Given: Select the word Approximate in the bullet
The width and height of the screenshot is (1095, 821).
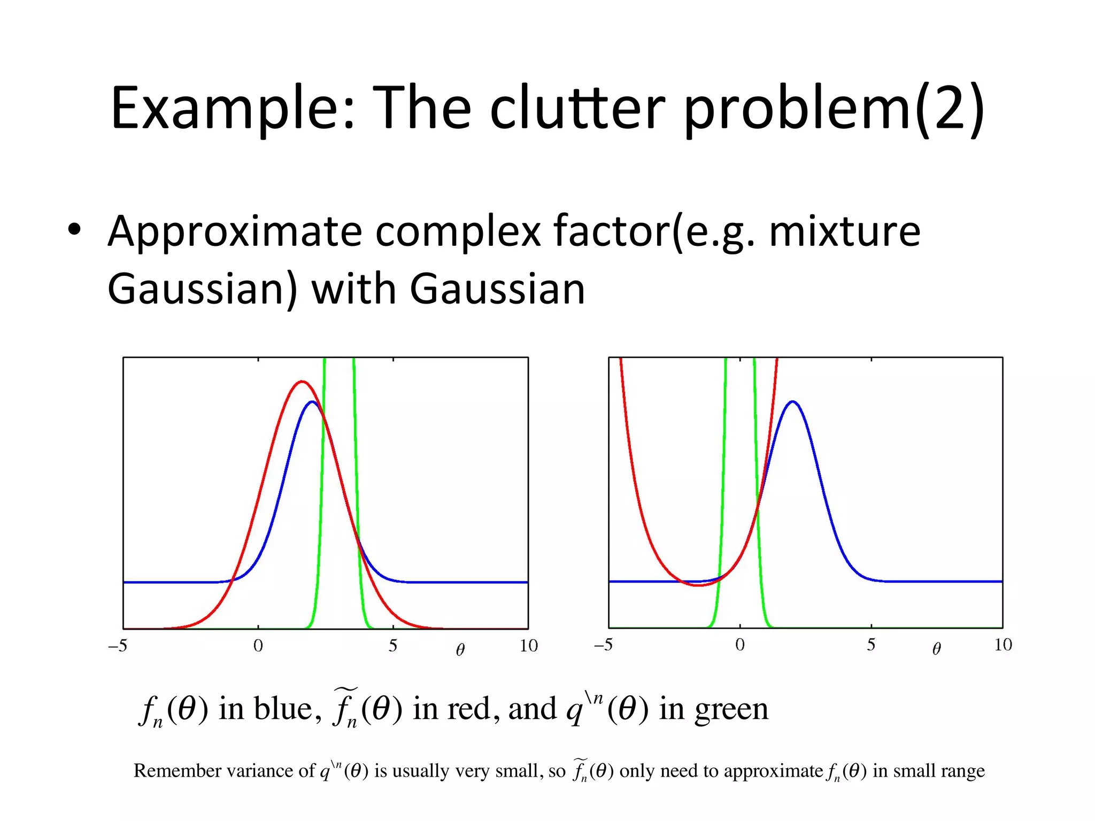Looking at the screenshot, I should pos(235,231).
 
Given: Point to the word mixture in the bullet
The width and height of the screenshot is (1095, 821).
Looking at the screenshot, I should pos(844,231).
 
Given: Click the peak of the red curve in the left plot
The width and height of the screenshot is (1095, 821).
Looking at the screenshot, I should pos(303,382).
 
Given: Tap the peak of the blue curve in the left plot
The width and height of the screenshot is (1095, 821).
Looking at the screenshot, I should pos(312,402).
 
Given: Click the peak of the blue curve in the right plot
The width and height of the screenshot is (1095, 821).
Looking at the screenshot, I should pos(792,401).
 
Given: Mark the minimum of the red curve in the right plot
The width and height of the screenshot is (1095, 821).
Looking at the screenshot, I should pos(698,585).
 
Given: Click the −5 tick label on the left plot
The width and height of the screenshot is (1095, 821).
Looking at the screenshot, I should pos(118,646).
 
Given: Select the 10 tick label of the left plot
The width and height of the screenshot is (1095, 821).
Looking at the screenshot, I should pos(528,646).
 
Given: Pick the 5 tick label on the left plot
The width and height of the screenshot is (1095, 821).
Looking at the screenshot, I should pos(393,646).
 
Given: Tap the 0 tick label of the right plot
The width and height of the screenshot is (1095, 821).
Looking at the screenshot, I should pos(740,645).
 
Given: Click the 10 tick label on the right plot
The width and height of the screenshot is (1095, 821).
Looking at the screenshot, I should pos(1003,645).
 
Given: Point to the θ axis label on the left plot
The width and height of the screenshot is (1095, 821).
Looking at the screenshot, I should pos(460,649).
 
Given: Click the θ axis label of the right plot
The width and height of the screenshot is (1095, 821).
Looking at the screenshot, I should pos(936,649).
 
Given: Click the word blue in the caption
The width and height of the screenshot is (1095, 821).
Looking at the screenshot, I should pos(283,709).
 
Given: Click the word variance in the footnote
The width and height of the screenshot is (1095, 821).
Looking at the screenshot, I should pos(260,771).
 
